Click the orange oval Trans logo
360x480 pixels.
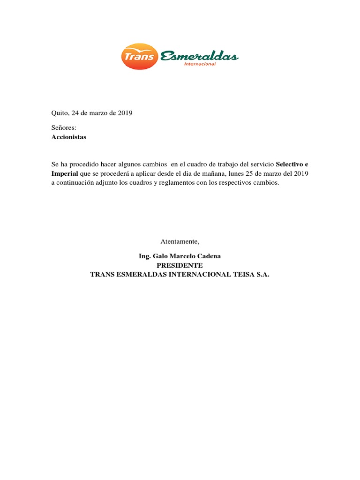coord(139,56)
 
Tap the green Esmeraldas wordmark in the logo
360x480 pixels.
coord(199,57)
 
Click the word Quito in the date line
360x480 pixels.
coord(60,113)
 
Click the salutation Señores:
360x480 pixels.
coord(63,127)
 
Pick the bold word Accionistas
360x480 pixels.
coord(68,137)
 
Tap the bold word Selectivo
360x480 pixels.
coord(290,165)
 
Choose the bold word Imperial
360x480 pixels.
coord(65,174)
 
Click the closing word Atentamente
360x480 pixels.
coord(180,242)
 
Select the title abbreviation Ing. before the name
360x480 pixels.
coord(144,256)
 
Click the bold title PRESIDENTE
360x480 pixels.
coord(180,266)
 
